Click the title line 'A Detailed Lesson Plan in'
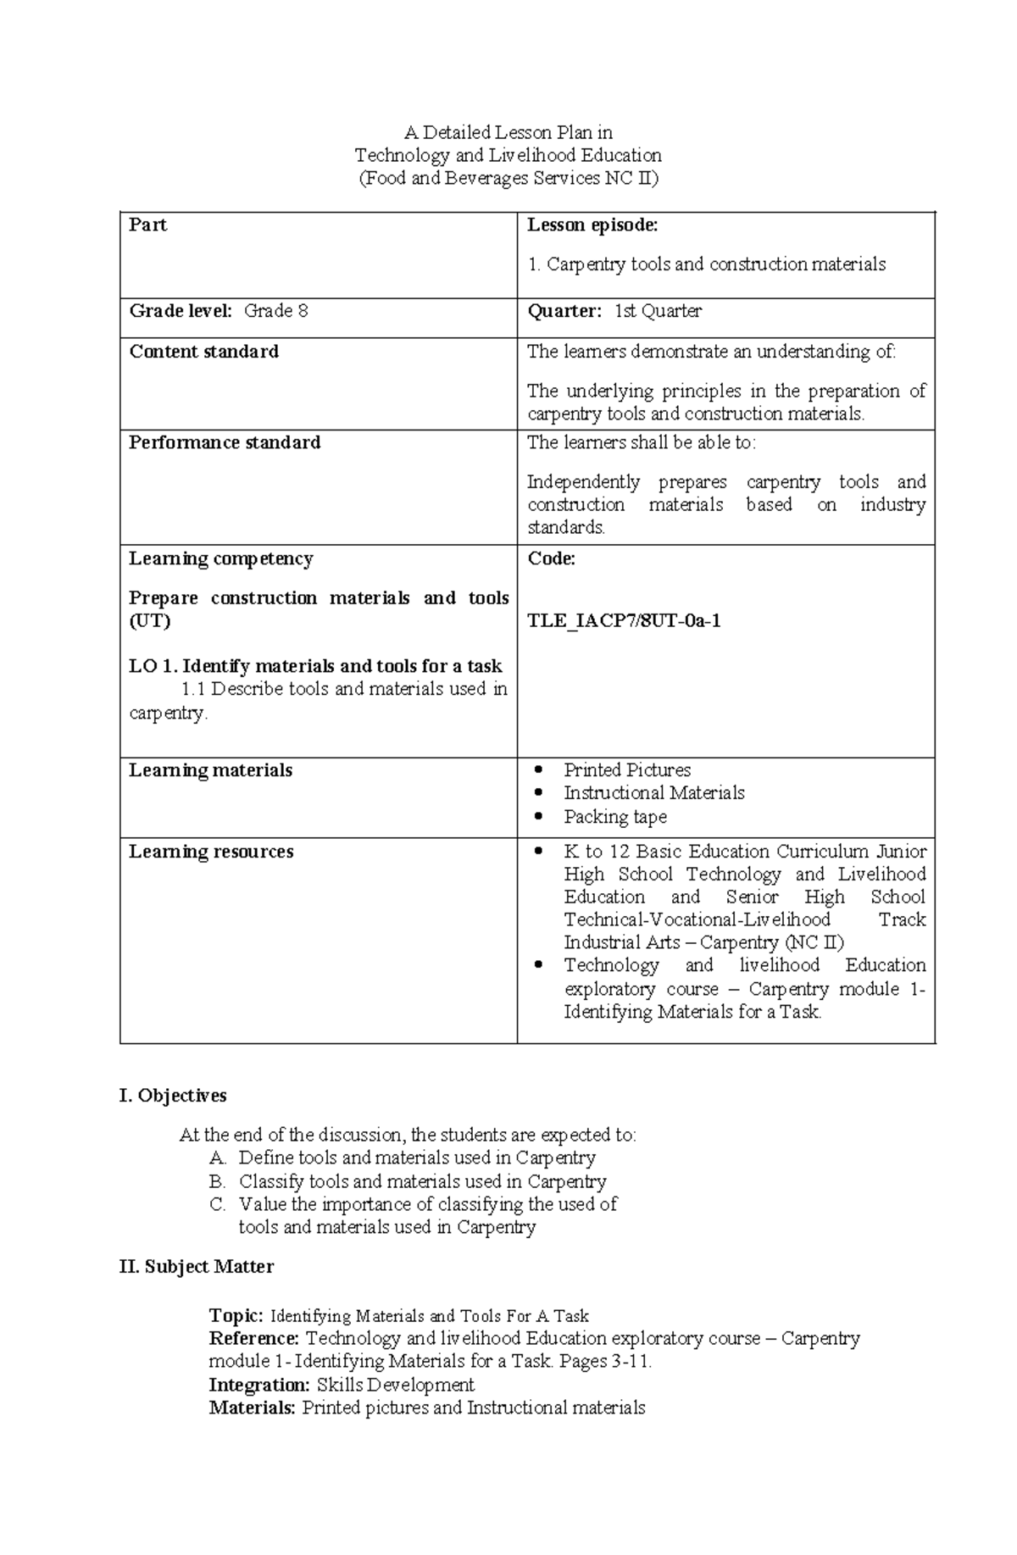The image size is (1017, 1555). [508, 133]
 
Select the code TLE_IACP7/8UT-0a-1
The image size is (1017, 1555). [624, 621]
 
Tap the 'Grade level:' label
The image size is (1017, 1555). [180, 311]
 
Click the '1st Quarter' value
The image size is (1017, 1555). [658, 311]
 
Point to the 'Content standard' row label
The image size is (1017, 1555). [203, 352]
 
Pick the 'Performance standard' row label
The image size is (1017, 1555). [225, 442]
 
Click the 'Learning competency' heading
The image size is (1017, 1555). [220, 558]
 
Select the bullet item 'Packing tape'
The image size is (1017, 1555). [615, 817]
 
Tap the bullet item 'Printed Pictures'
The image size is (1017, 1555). [627, 770]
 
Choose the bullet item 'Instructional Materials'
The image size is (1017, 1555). [654, 793]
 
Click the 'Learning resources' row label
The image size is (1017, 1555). [211, 852]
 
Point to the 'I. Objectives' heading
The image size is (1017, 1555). [173, 1096]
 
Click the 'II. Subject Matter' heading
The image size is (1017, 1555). [197, 1267]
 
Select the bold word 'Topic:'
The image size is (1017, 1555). [237, 1316]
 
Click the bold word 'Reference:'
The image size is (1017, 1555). [254, 1339]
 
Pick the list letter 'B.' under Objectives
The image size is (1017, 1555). [217, 1181]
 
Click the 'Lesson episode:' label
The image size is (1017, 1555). [592, 225]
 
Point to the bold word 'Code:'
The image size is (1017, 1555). [552, 558]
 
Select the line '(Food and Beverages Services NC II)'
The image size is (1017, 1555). [508, 179]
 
